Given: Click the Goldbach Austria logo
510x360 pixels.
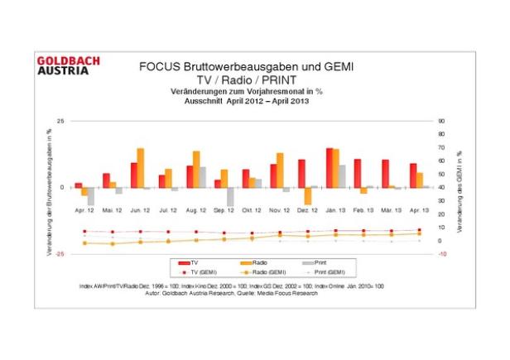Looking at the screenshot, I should (x=69, y=65).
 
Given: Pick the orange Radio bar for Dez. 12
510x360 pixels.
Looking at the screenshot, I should (x=308, y=196).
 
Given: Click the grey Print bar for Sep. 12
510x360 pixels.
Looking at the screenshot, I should (x=231, y=197).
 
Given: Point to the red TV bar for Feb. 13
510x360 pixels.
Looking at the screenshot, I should (x=357, y=173).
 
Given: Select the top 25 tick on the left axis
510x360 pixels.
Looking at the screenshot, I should (x=60, y=121).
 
